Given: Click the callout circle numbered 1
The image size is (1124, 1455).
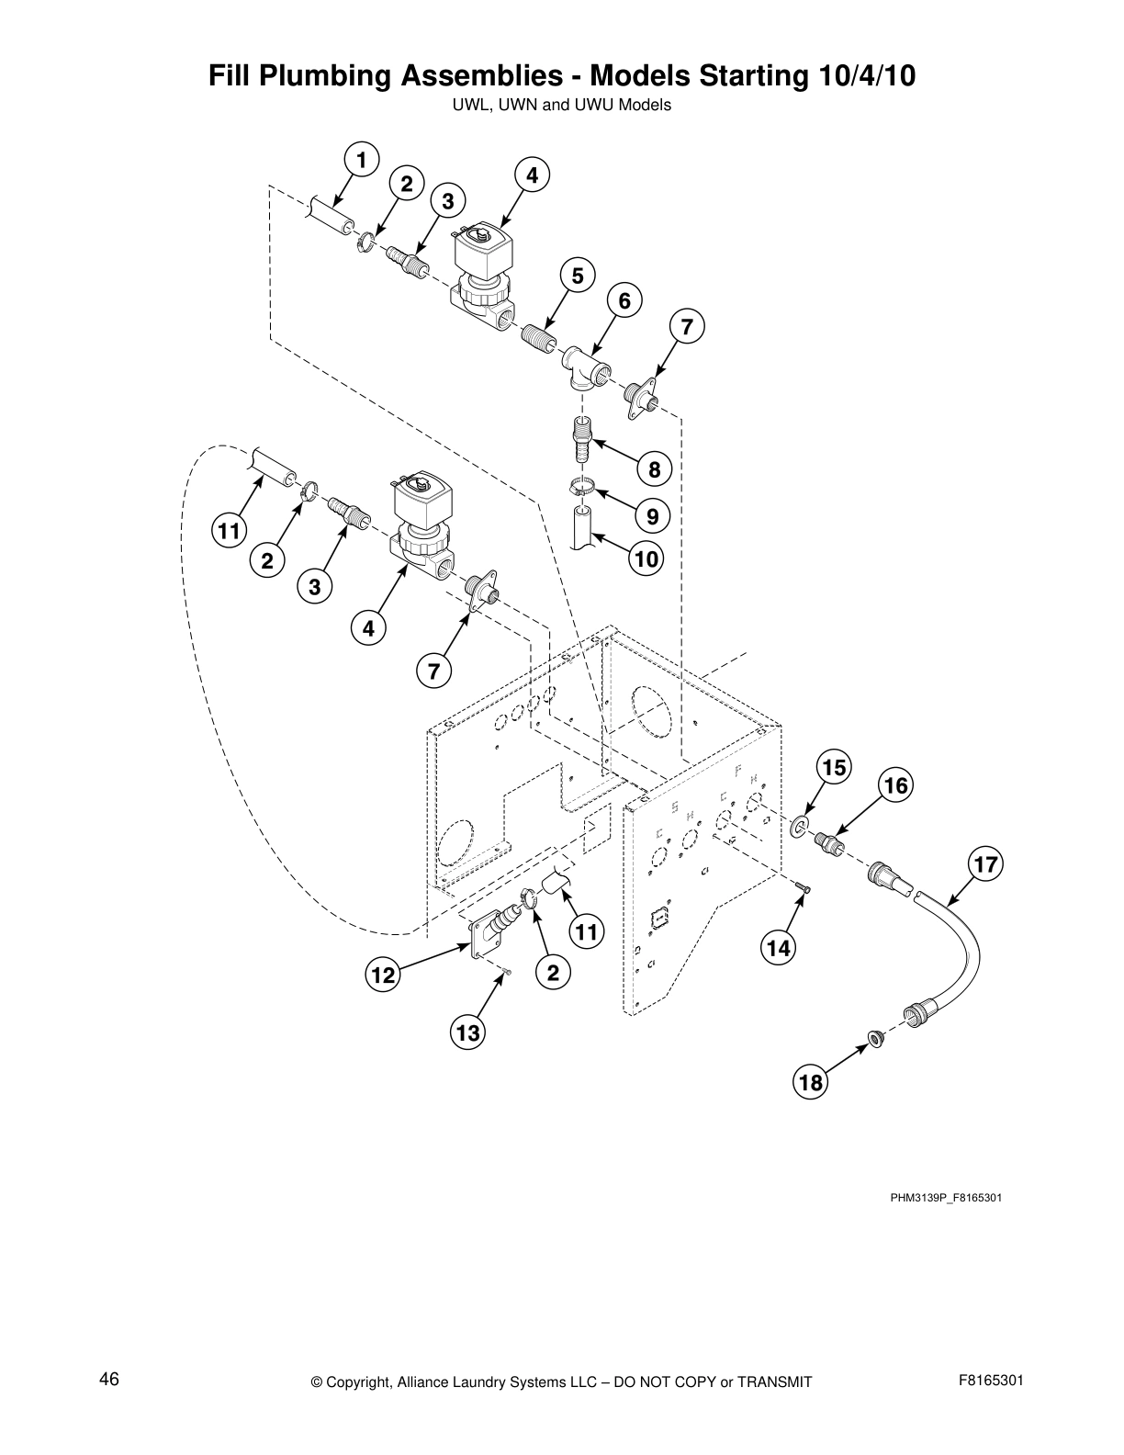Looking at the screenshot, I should pyautogui.click(x=362, y=160).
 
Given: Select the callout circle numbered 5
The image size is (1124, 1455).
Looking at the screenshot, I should pyautogui.click(x=577, y=275).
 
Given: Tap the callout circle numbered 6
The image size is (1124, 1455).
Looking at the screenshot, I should pyautogui.click(x=624, y=300).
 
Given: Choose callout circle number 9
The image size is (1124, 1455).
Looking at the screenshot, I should pyautogui.click(x=652, y=516).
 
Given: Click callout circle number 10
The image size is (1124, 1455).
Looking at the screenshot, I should pyautogui.click(x=646, y=558).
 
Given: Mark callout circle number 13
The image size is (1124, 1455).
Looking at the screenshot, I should pyautogui.click(x=468, y=1033).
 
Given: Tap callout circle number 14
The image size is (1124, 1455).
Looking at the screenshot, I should pyautogui.click(x=779, y=948).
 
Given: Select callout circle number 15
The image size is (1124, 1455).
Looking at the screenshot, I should pyautogui.click(x=833, y=767).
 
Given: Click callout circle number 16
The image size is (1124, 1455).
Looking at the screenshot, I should pyautogui.click(x=896, y=785).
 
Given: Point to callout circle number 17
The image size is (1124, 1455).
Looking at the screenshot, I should pyautogui.click(x=985, y=864).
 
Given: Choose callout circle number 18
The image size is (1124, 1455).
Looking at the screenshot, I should pyautogui.click(x=811, y=1083).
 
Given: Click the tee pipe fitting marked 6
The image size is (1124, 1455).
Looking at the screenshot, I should pyautogui.click(x=582, y=367).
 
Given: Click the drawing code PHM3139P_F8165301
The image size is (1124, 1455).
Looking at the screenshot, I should pyautogui.click(x=945, y=1199).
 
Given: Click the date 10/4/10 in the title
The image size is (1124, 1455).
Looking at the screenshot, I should pyautogui.click(x=863, y=75).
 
